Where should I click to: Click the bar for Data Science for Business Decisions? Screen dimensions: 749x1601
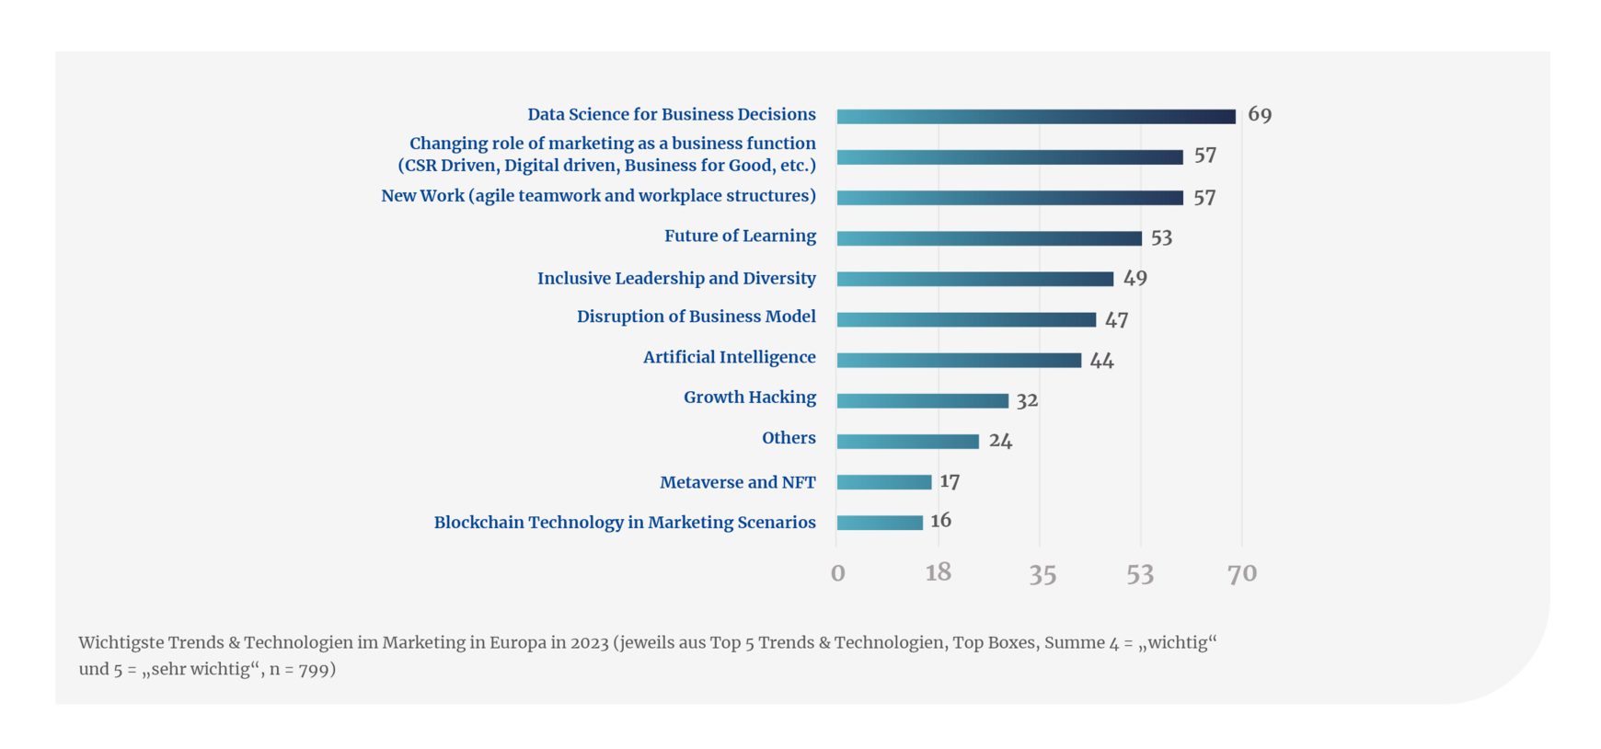1036,117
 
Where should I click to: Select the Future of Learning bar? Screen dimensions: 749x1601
989,238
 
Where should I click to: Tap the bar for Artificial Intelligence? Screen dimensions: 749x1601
959,360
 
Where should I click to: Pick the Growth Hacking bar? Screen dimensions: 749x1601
923,400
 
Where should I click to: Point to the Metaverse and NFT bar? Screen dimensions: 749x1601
884,482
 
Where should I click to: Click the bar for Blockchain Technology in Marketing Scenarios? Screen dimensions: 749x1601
880,523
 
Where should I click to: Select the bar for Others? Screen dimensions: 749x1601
908,442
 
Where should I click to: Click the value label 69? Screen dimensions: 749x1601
1260,115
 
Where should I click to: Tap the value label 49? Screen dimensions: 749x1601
1135,278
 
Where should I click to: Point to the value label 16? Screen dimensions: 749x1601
940,521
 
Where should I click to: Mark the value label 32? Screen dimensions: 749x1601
1027,400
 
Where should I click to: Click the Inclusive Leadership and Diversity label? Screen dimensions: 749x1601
676,278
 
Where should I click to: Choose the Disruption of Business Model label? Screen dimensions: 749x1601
696,317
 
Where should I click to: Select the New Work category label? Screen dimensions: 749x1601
598,196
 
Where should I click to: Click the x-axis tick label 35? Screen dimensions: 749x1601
1042,574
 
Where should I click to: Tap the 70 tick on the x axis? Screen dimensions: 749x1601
1242,574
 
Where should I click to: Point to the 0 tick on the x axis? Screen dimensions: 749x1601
837,574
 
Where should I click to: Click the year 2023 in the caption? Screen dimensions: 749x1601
589,642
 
